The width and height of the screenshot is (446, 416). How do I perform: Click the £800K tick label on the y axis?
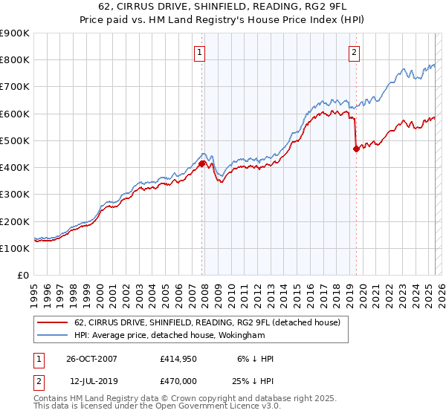(x=15, y=60)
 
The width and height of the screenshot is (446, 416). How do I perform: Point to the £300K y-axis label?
(x=15, y=195)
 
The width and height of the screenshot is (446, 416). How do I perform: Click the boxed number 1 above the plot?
(x=201, y=52)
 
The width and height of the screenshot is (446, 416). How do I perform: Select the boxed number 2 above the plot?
(x=355, y=52)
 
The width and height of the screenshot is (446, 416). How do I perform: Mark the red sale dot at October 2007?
(x=202, y=163)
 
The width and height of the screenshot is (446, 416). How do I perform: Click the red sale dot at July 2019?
(x=356, y=149)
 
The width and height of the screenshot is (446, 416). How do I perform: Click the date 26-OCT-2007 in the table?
(x=91, y=359)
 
